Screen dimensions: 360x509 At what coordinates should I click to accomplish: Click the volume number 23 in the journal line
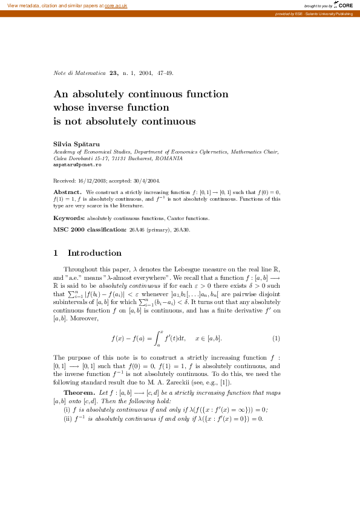coord(113,73)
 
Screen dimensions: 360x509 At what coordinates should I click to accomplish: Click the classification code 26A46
coord(137,230)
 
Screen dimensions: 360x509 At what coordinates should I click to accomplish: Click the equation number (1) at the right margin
coord(276,337)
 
